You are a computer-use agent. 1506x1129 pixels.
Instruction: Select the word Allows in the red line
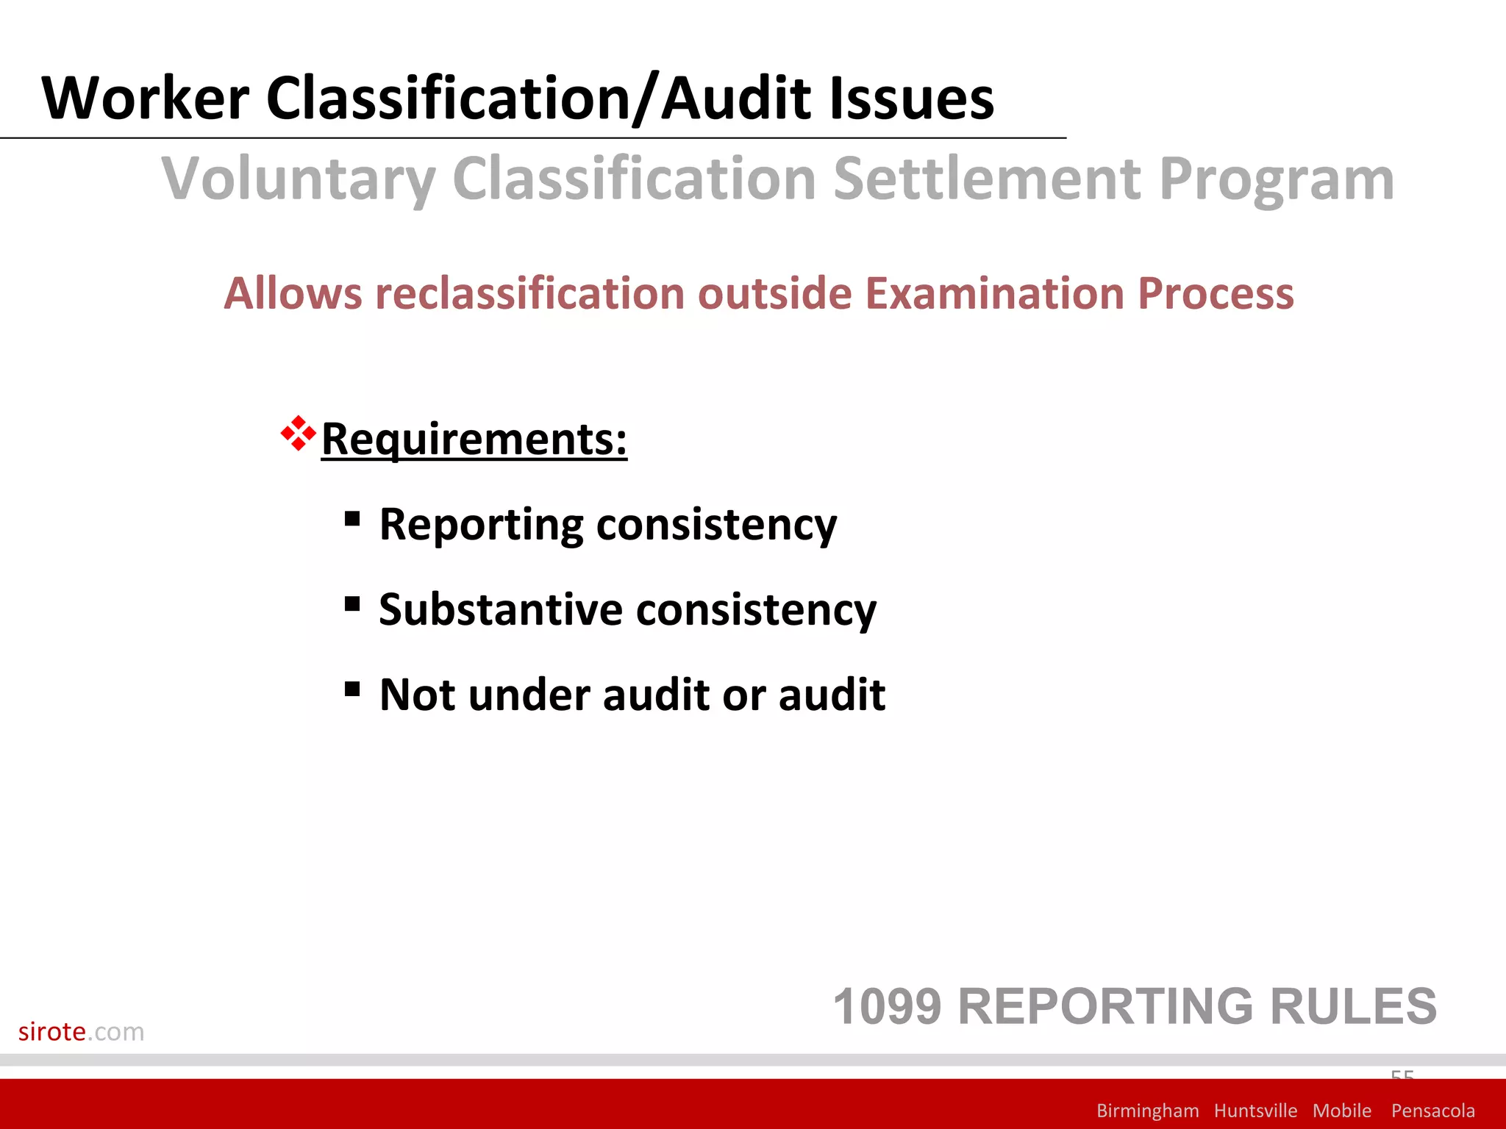tap(293, 293)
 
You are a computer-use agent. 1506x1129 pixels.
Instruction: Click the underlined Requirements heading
tap(474, 439)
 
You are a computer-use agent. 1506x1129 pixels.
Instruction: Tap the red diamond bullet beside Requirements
tap(298, 434)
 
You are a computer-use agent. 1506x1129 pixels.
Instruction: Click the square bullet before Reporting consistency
tap(352, 520)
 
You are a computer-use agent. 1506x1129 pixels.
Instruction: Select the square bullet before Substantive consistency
tap(352, 604)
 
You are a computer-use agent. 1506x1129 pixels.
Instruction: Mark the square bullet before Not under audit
tap(352, 689)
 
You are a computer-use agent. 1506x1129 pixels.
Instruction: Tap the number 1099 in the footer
tap(887, 1006)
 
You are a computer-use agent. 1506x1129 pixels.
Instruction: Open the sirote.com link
tap(81, 1031)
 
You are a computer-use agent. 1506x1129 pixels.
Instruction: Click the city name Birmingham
tap(1147, 1111)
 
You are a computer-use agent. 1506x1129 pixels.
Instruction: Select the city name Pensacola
tap(1432, 1111)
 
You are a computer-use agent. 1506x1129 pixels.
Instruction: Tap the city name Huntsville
tap(1255, 1111)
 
